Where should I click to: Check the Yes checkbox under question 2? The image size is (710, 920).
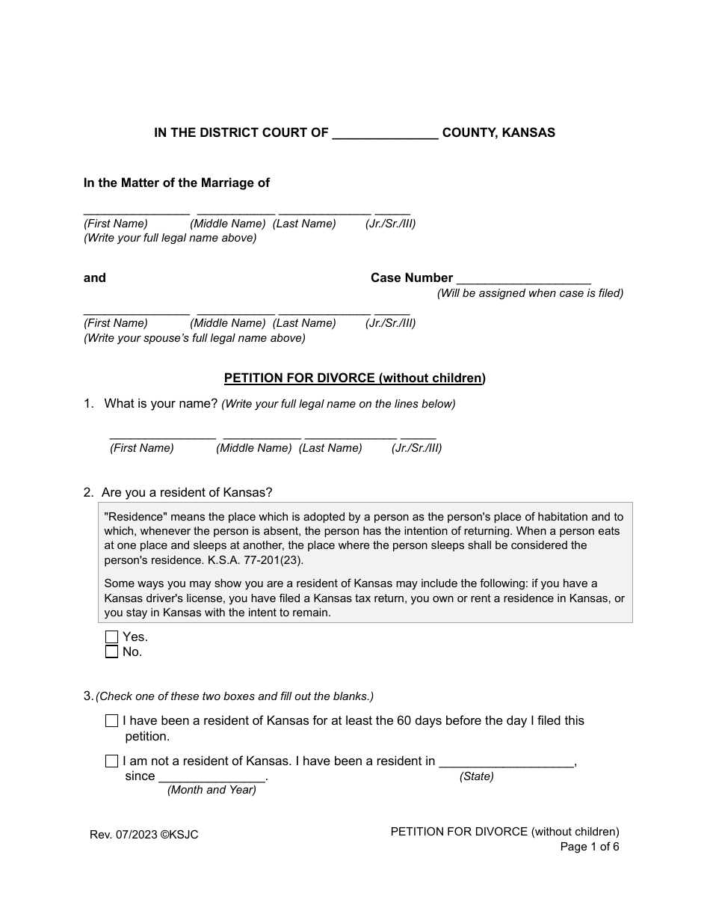click(x=112, y=637)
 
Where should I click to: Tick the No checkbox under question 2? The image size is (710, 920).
click(x=112, y=652)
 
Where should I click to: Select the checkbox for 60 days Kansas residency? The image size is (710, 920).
click(x=112, y=721)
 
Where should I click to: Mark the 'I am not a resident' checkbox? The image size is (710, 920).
click(x=112, y=761)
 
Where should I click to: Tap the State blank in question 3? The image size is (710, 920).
click(x=506, y=761)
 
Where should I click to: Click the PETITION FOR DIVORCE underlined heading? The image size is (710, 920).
click(x=355, y=378)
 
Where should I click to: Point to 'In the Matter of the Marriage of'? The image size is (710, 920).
click(x=176, y=183)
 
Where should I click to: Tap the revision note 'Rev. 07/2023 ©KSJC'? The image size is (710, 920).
click(x=144, y=835)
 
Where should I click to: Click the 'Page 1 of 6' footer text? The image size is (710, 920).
click(x=590, y=847)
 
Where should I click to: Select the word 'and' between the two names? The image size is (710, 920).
click(x=95, y=278)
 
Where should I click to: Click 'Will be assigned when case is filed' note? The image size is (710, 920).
click(x=530, y=293)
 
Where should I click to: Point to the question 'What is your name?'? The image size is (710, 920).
click(x=161, y=404)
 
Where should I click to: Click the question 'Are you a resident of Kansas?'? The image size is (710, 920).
click(x=187, y=493)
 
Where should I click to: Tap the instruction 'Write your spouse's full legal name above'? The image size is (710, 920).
click(x=194, y=338)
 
